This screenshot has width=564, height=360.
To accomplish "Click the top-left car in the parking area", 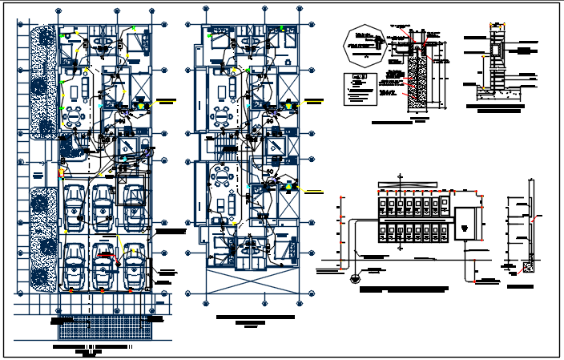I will (x=75, y=205).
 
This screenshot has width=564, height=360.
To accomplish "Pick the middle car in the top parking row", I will (x=103, y=205).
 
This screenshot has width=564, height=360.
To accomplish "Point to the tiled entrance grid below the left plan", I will (x=112, y=327).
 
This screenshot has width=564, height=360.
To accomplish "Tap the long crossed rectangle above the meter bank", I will (x=413, y=180).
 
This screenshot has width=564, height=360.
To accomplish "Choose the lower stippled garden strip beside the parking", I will (x=42, y=241).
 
